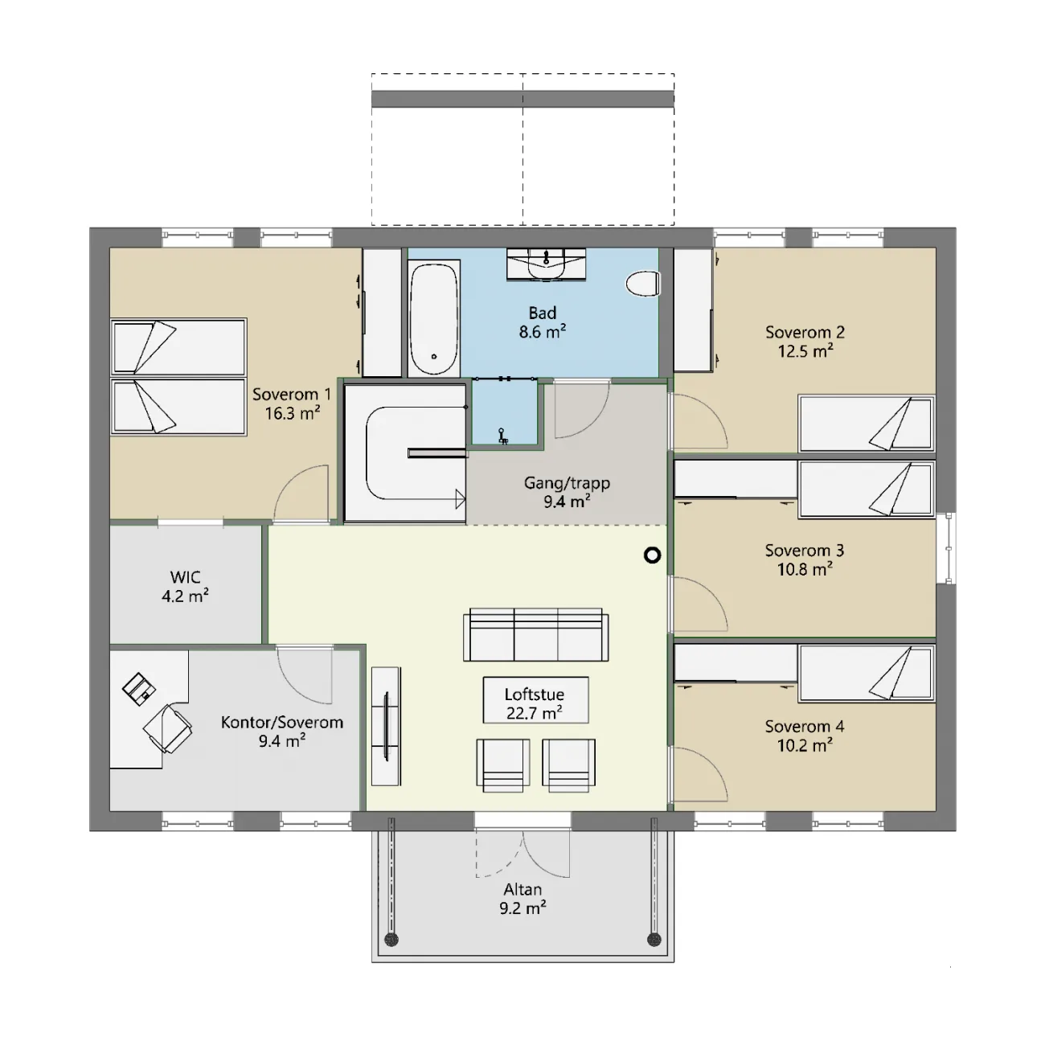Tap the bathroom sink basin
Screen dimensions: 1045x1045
pyautogui.click(x=546, y=265)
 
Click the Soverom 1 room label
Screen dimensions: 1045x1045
pyautogui.click(x=292, y=394)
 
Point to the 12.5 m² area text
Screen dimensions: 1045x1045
pyautogui.click(x=805, y=350)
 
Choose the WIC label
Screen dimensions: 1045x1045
pyautogui.click(x=186, y=576)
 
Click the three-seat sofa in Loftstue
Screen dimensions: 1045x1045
pyautogui.click(x=536, y=634)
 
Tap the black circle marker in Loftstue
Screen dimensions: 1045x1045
pyautogui.click(x=653, y=555)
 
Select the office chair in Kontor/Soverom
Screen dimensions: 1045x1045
pyautogui.click(x=167, y=728)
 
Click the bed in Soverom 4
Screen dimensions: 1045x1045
pyautogui.click(x=867, y=673)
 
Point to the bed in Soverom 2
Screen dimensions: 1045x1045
pyautogui.click(x=867, y=424)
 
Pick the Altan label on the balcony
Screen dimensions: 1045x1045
pyautogui.click(x=522, y=889)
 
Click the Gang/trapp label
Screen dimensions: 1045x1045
pyautogui.click(x=568, y=482)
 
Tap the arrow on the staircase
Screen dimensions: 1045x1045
pyautogui.click(x=460, y=499)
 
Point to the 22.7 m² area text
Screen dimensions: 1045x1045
pyautogui.click(x=535, y=713)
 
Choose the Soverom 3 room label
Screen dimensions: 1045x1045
pyautogui.click(x=805, y=551)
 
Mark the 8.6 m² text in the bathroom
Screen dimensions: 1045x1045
pyautogui.click(x=543, y=331)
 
